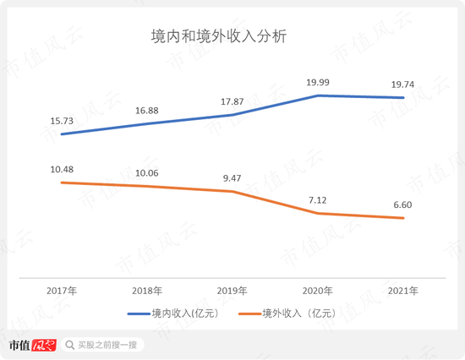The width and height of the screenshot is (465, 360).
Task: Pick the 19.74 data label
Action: pos(402,82)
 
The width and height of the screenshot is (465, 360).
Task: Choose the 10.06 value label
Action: pos(147,172)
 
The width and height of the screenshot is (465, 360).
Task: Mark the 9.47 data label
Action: pos(232,177)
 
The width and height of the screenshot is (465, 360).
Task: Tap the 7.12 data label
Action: pos(318,199)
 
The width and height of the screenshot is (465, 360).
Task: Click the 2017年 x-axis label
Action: pos(63,291)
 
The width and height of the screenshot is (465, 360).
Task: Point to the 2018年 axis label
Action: pos(147,291)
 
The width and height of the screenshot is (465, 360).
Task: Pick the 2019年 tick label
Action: pos(232,291)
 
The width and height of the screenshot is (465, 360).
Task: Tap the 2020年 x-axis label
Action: pos(318,291)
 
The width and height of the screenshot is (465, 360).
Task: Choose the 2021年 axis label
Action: pos(402,291)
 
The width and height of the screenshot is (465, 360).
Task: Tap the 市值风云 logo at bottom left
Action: pos(32,345)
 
